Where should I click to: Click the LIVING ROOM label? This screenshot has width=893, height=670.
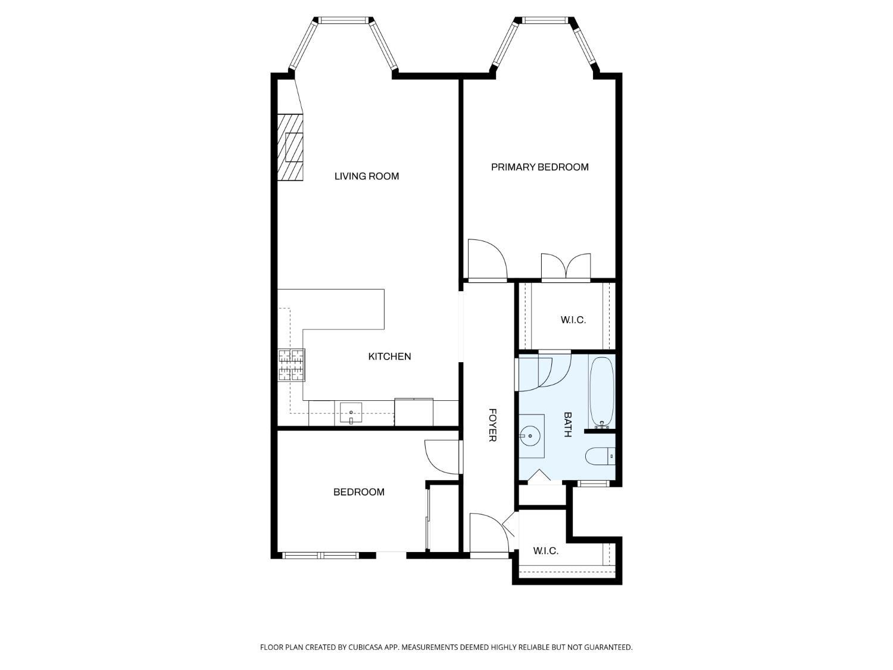pyautogui.click(x=367, y=176)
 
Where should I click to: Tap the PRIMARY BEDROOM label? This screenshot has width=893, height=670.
pyautogui.click(x=539, y=167)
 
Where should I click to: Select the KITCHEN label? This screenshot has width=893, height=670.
pyautogui.click(x=389, y=356)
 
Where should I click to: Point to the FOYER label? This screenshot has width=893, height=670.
pyautogui.click(x=492, y=425)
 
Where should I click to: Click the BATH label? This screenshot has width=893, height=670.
pyautogui.click(x=567, y=424)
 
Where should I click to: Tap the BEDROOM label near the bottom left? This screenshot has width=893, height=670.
pyautogui.click(x=359, y=493)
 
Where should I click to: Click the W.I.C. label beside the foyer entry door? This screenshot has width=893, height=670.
pyautogui.click(x=545, y=551)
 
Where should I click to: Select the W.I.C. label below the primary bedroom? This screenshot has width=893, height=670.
pyautogui.click(x=573, y=320)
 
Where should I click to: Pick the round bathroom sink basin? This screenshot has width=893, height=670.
pyautogui.click(x=530, y=436)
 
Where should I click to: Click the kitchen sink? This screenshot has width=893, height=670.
pyautogui.click(x=351, y=413)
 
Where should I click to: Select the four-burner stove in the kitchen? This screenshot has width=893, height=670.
pyautogui.click(x=291, y=365)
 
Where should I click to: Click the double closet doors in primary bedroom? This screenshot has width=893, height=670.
pyautogui.click(x=566, y=267)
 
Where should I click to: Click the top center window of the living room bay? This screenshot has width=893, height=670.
pyautogui.click(x=345, y=20)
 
